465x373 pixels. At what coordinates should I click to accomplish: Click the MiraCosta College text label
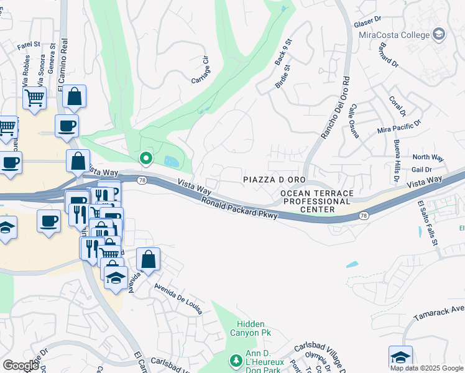coord(397,34)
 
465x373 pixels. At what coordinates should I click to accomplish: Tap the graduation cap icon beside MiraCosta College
coord(440,34)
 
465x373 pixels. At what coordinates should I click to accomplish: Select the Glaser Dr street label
coord(366,23)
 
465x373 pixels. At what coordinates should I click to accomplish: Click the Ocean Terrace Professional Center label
coord(316,202)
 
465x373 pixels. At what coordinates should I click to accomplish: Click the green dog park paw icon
coord(236,361)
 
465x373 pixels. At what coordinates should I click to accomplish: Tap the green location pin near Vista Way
coord(146,159)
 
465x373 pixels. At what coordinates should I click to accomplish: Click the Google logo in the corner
coord(21,366)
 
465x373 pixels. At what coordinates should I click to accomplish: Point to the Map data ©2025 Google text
coord(426,368)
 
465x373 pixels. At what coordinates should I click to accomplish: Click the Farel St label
coord(29,45)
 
